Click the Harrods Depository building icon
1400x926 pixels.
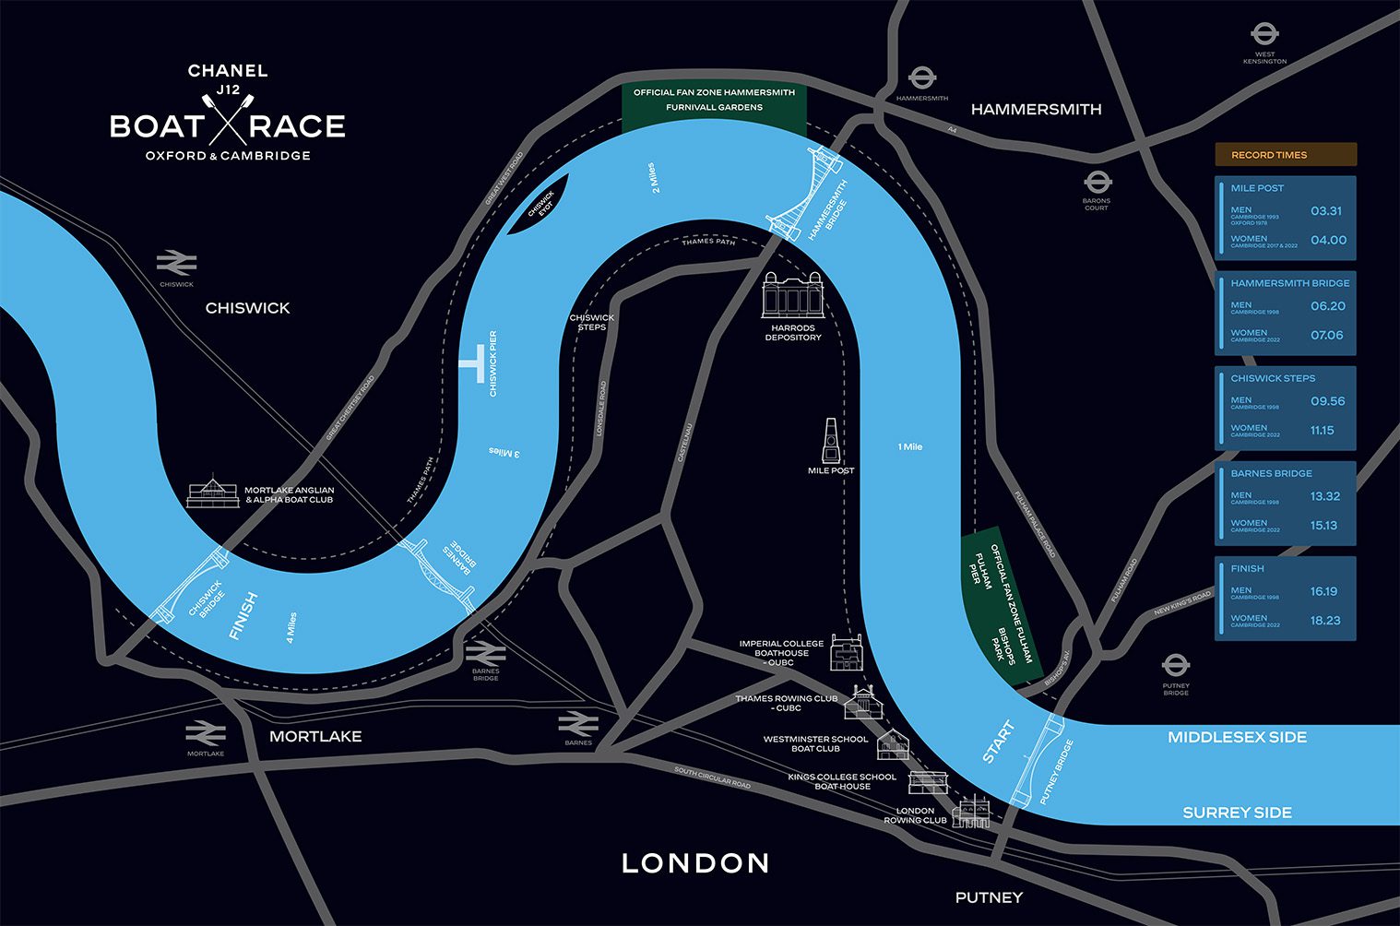[x=792, y=294]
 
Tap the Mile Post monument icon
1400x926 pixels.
[x=831, y=441]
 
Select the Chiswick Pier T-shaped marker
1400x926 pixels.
[x=473, y=363]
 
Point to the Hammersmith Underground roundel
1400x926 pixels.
[x=921, y=78]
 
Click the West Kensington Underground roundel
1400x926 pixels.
[x=1264, y=36]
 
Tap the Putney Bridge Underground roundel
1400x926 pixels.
[x=1175, y=666]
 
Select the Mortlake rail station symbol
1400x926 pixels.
[x=206, y=733]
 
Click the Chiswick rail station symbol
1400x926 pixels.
[x=176, y=263]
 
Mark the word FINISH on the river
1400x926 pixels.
[x=243, y=616]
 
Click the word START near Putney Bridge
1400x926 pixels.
[x=998, y=742]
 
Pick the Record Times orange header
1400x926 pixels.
[x=1285, y=155]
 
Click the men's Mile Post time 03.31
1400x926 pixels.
[x=1325, y=211]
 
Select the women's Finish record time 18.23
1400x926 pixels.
[x=1325, y=621]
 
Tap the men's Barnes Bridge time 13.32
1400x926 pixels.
[x=1324, y=496]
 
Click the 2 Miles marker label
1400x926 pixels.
[x=654, y=178]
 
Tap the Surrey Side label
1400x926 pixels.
[x=1237, y=813]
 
